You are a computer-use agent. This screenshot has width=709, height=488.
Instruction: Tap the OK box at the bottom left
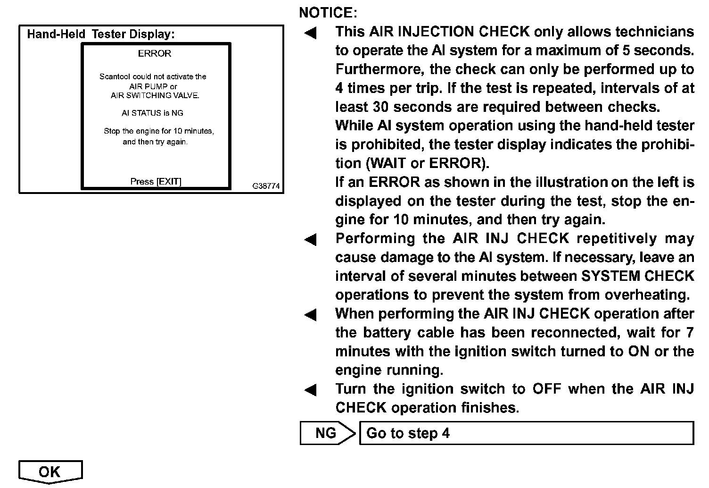[x=50, y=471]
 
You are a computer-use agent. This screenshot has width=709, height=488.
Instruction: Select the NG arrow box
[x=326, y=433]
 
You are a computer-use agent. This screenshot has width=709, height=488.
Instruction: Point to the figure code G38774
[x=266, y=186]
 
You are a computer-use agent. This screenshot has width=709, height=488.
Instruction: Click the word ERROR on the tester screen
[x=155, y=54]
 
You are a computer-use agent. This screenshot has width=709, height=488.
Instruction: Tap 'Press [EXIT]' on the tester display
[x=156, y=182]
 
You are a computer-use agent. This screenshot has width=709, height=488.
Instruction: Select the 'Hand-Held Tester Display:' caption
[x=101, y=34]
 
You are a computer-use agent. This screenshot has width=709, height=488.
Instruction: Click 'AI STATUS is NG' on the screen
[x=152, y=113]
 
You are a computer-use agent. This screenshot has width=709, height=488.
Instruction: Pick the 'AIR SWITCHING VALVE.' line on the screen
[x=155, y=95]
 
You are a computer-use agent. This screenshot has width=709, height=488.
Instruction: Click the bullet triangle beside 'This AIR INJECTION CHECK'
[x=310, y=33]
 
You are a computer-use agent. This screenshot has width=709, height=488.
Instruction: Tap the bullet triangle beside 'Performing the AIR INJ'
[x=310, y=240]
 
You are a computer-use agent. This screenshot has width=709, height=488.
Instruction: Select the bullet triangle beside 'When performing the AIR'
[x=310, y=315]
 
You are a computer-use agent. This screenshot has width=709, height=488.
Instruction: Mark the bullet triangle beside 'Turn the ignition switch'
[x=310, y=390]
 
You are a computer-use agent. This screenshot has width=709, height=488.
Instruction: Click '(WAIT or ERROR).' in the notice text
[x=427, y=163]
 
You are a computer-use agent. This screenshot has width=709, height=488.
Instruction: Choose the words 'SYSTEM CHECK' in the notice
[x=638, y=276]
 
